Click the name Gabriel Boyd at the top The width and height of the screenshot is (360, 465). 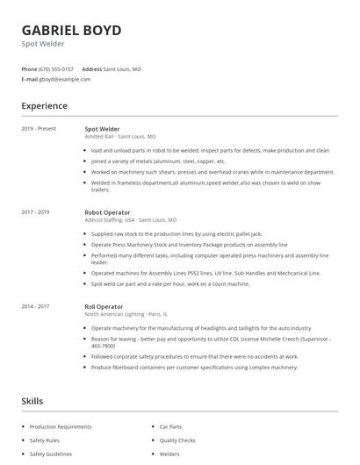[x=71, y=30]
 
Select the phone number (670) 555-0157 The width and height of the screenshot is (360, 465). [x=57, y=68]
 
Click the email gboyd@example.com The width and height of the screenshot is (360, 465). [x=65, y=79]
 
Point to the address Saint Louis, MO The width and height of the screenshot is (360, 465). [x=122, y=68]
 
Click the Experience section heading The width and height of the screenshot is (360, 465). [x=45, y=106]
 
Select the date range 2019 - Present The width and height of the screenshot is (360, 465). [x=39, y=129]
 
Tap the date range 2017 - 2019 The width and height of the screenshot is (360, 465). [x=35, y=212]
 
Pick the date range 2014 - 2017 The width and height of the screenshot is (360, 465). [x=35, y=306]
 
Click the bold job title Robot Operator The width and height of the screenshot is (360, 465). [x=107, y=212]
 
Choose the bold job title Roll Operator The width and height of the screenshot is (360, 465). [x=104, y=306]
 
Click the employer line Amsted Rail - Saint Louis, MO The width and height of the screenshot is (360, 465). [x=120, y=137]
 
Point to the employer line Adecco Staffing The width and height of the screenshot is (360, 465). [x=131, y=220]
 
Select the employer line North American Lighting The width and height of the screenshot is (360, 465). [x=127, y=314]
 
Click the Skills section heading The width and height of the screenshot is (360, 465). [x=32, y=401]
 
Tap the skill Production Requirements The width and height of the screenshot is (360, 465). [x=61, y=426]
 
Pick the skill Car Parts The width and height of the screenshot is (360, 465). [x=170, y=426]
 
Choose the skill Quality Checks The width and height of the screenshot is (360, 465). [x=177, y=440]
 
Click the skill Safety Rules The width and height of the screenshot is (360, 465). [x=45, y=440]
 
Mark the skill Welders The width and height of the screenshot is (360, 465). [x=169, y=454]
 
